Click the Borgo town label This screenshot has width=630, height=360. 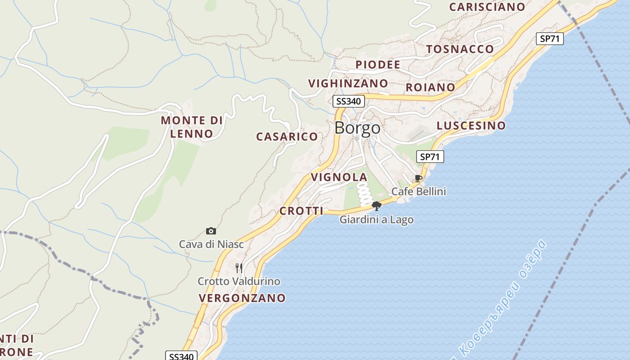pos(357,128)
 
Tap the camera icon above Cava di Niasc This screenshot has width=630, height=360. pos(211,231)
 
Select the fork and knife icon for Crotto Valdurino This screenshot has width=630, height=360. pos(239,268)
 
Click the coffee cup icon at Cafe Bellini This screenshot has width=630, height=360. pos(418,178)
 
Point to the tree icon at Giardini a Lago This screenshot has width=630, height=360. pos(377,206)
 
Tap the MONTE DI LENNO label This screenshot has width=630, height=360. pos(192,127)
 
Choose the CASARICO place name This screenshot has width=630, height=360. pos(287,136)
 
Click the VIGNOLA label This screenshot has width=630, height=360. pos(339,177)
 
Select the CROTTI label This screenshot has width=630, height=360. pos(301,211)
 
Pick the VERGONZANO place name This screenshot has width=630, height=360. pos(242,298)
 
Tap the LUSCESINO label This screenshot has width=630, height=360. pos(471,126)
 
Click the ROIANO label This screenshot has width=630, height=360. pos(430,87)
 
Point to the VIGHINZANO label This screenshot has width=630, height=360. pos(348,83)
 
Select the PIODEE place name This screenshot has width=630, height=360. pos(378,65)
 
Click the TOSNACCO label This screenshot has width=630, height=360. pos(460,49)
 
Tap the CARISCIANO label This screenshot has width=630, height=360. pos(487,7)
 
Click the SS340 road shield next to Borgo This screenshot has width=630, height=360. pos(348,101)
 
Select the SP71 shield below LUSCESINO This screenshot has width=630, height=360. pos(430,157)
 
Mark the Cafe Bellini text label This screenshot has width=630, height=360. pos(418,191)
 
